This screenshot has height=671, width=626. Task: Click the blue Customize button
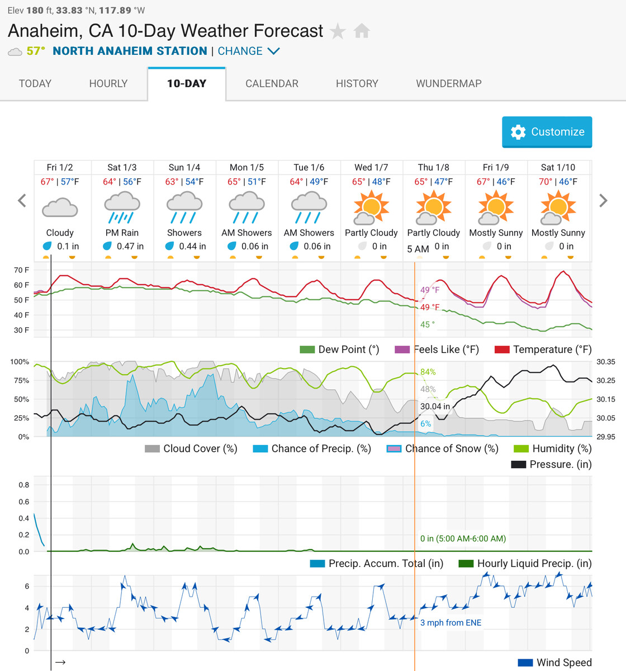(x=547, y=132)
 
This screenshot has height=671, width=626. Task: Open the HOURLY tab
(x=108, y=83)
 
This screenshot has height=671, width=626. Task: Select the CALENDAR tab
(x=272, y=83)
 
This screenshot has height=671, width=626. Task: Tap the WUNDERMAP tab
(x=448, y=83)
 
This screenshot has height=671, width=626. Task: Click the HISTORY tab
(x=357, y=83)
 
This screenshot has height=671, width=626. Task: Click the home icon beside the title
(x=362, y=31)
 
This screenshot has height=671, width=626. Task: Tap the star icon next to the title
(x=338, y=31)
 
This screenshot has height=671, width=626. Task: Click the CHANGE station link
(x=248, y=51)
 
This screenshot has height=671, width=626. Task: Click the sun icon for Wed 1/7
(x=371, y=207)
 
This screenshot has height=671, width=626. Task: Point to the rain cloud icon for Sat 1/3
(x=122, y=207)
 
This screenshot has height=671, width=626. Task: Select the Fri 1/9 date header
(x=496, y=167)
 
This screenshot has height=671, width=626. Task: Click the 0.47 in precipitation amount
(x=130, y=246)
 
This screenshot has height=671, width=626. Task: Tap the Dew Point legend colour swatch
(x=307, y=349)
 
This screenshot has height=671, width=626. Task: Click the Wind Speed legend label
(x=563, y=663)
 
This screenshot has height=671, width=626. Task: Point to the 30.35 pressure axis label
(x=605, y=362)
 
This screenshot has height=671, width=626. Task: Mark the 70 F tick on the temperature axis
(x=22, y=270)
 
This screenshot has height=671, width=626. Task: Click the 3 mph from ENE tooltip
(x=450, y=622)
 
